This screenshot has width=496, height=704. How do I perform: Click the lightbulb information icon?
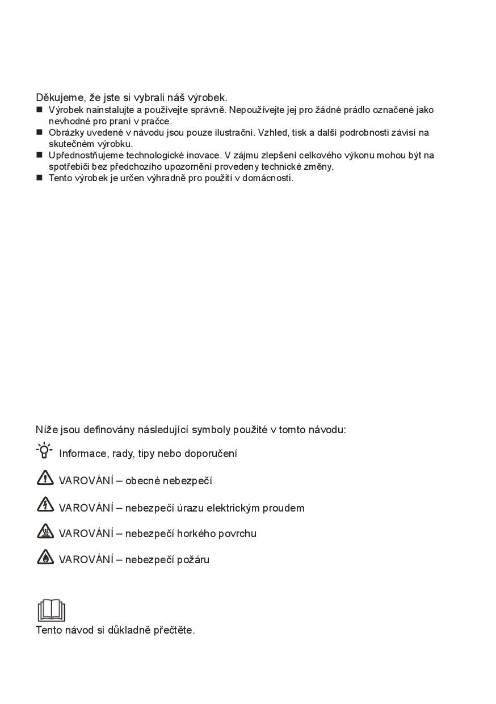44,451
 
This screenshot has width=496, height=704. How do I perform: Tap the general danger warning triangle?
45,479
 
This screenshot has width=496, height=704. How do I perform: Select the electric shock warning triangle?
45,505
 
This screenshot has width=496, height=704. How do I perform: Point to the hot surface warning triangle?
45,531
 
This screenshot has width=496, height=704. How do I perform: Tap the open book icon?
51,610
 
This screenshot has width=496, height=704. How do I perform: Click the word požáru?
193,560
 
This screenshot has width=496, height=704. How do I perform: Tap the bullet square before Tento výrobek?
39,178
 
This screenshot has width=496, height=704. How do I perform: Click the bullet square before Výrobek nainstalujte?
39,109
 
